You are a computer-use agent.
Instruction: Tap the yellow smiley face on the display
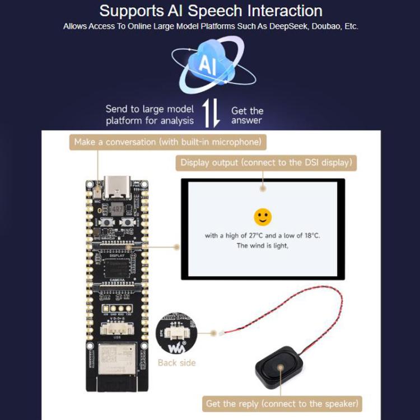point(262,217)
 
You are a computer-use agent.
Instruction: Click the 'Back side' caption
point(176,363)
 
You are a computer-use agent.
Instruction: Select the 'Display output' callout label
point(265,163)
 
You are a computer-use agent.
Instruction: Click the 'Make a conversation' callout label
point(167,142)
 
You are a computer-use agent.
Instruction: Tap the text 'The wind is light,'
point(262,245)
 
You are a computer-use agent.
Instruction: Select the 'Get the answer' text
point(247,115)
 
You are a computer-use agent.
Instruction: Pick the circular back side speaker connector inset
point(177,334)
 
